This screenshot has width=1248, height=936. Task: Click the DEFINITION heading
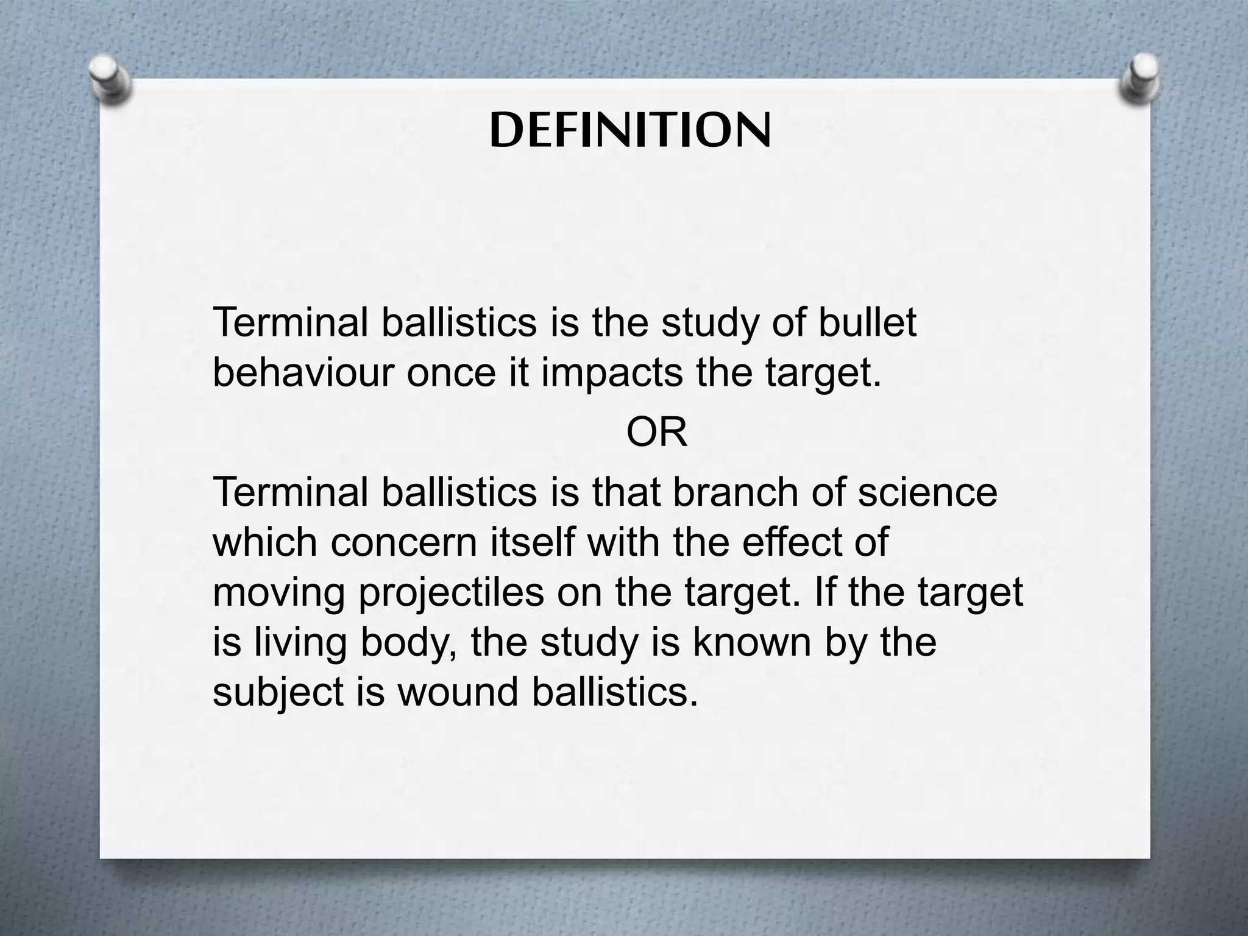point(630,131)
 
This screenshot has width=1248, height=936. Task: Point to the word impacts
point(612,373)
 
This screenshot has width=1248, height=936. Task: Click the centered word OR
point(656,433)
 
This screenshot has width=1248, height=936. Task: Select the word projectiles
point(451,592)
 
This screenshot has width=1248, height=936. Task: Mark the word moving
point(279,592)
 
